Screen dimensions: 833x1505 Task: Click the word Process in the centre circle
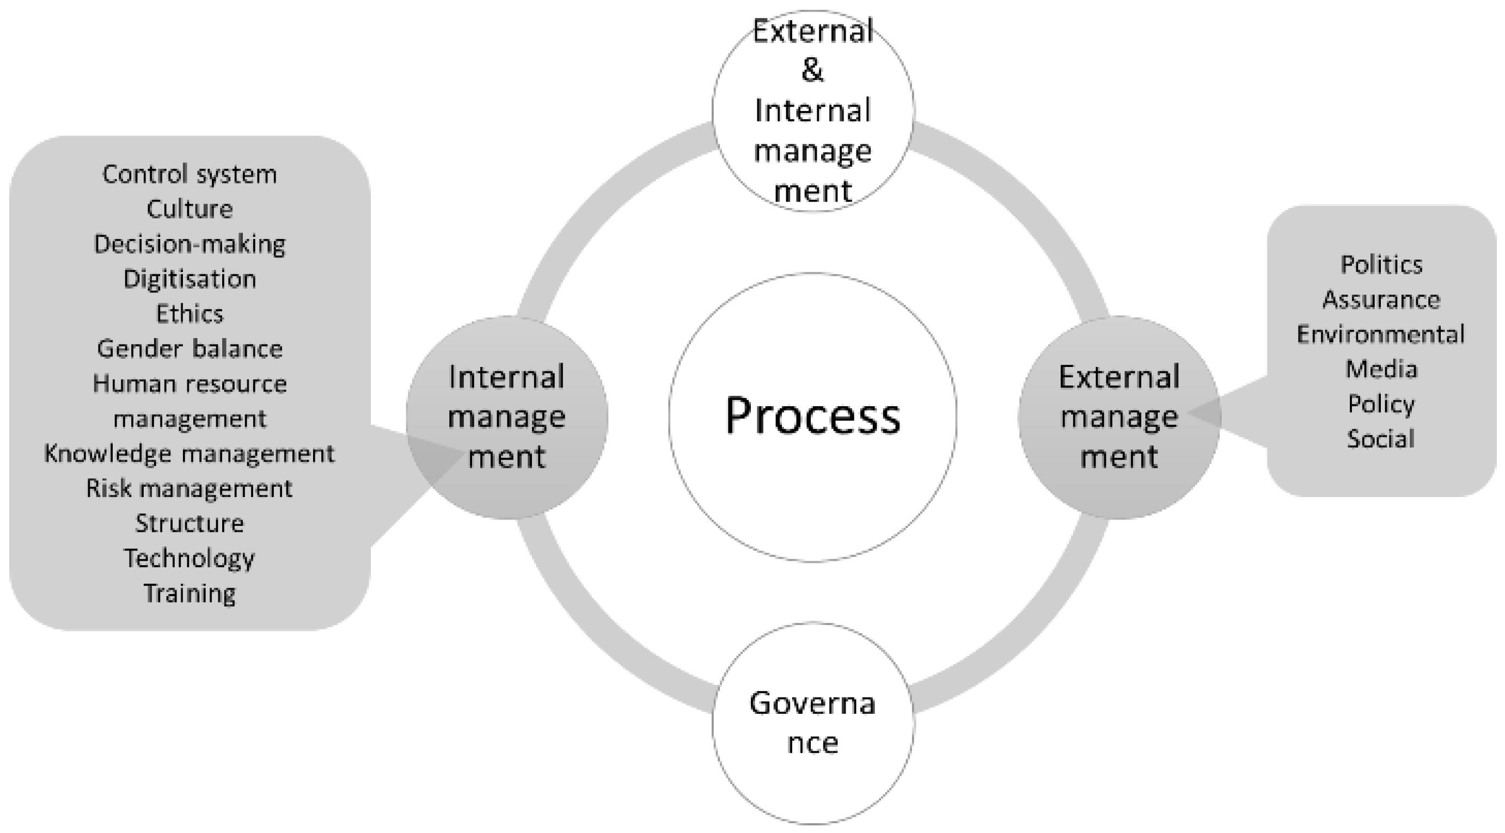point(813,416)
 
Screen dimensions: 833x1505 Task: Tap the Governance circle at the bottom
point(813,722)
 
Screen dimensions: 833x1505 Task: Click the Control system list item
point(189,174)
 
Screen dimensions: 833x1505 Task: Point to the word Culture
point(189,209)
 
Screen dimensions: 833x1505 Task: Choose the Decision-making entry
point(189,244)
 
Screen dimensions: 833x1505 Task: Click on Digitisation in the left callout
point(189,279)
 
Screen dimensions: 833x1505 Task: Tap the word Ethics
point(189,314)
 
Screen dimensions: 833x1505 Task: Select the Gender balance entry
point(189,350)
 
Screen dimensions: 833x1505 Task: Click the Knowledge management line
point(189,454)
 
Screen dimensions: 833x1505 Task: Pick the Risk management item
point(189,489)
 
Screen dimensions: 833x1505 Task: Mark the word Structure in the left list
point(189,523)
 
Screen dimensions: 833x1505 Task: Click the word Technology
point(189,559)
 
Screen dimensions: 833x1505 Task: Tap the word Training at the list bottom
point(189,593)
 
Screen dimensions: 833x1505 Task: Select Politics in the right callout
point(1381,265)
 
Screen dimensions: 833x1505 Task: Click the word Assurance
point(1381,299)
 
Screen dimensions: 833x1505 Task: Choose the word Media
point(1381,369)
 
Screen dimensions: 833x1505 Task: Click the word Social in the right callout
point(1381,439)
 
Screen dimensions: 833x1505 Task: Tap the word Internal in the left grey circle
point(506,377)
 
